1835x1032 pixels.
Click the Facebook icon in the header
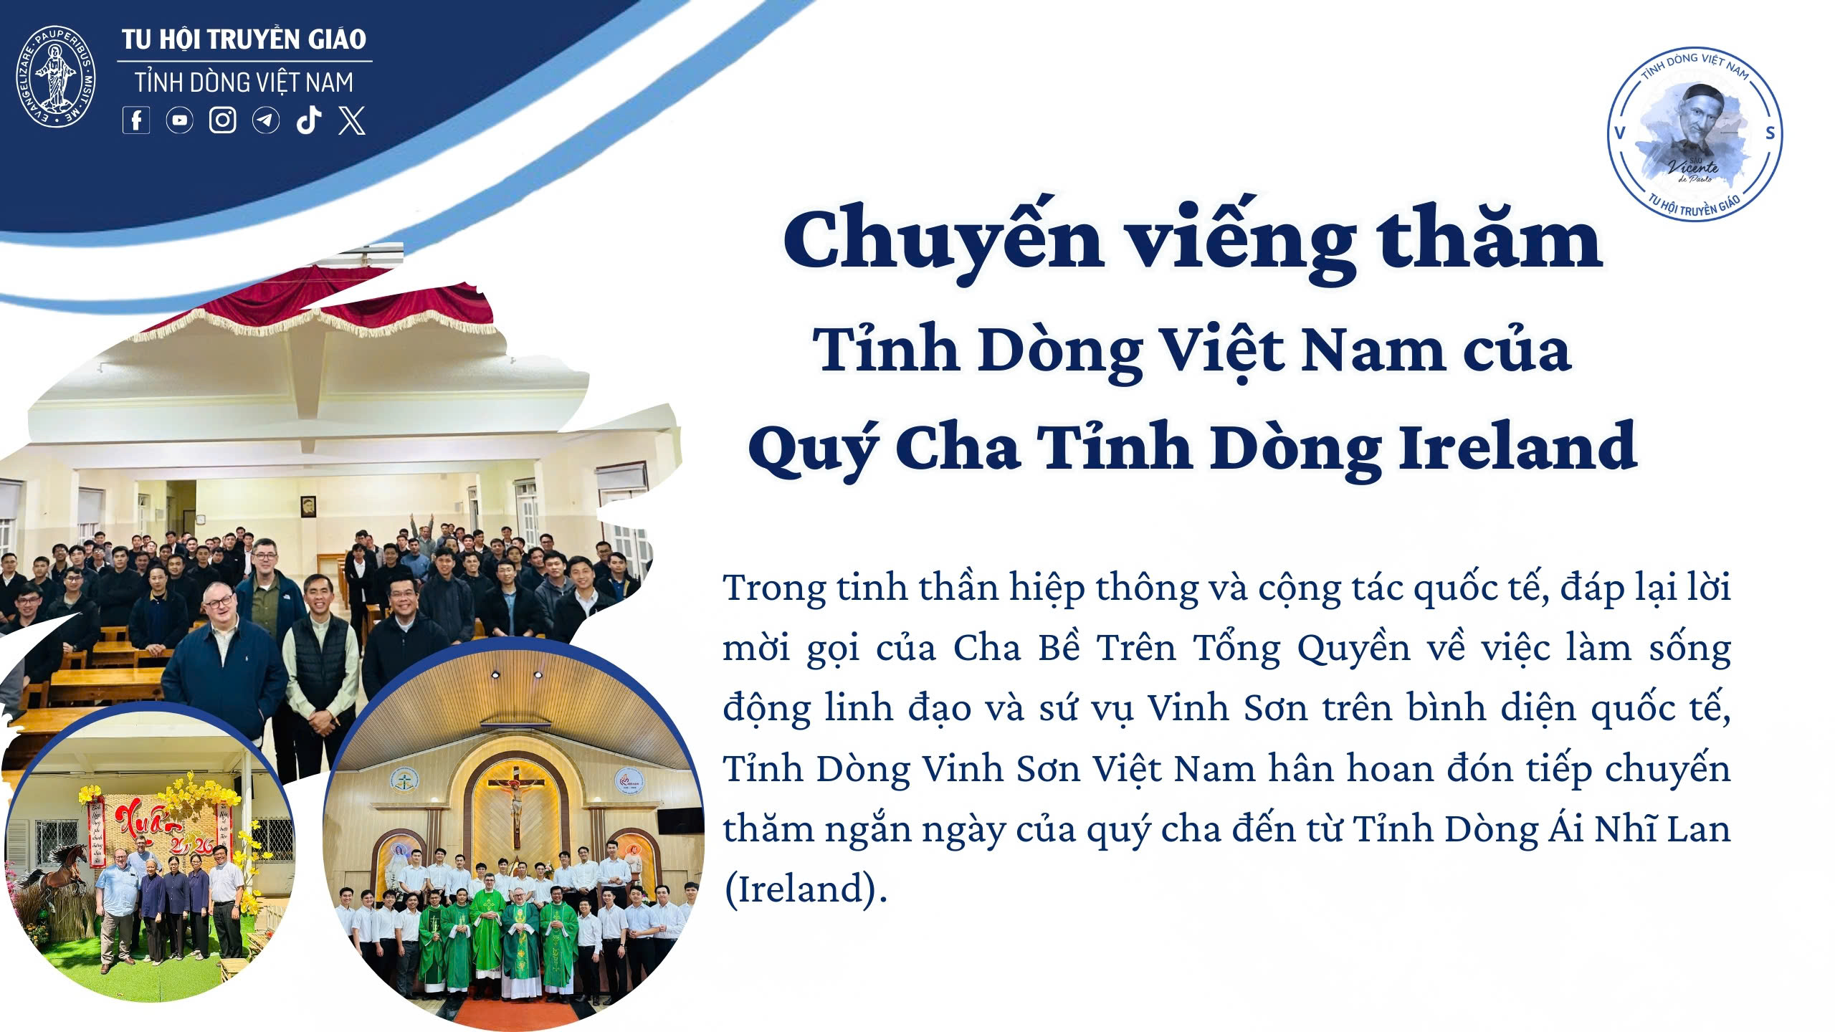136,120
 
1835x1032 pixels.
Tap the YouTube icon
179,120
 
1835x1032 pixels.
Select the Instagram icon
222,120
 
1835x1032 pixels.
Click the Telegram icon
266,120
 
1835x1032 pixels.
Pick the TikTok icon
309,120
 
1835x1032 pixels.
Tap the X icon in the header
352,120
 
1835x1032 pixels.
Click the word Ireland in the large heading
1518,446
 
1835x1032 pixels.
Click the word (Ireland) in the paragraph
806,889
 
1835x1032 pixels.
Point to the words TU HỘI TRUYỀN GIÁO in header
244,39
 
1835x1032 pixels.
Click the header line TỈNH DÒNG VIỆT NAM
244,82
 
